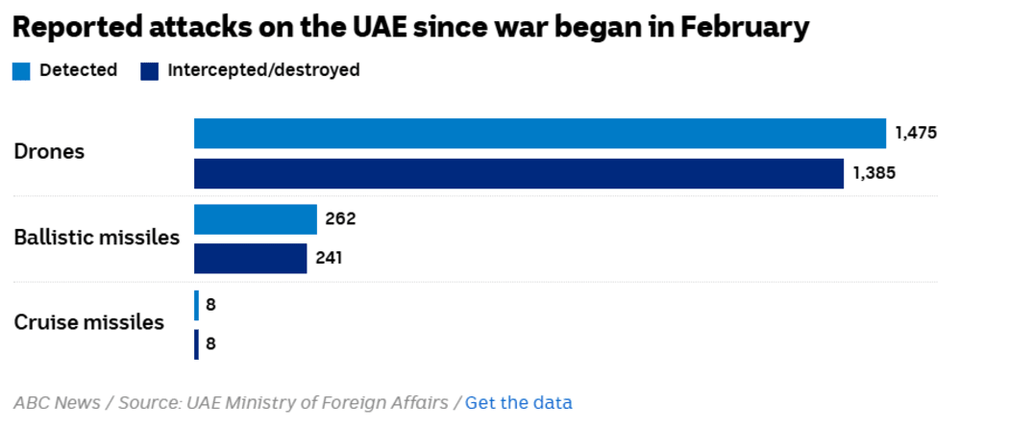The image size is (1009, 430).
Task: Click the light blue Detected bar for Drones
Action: pos(539,134)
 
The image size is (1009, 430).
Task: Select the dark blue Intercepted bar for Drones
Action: pos(519,174)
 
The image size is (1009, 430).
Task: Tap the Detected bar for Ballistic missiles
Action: pos(256,219)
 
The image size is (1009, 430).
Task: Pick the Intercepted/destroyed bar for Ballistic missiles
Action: pos(251,259)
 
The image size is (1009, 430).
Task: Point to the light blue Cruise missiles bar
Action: pos(197,305)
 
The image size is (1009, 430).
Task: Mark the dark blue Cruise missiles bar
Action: pos(197,344)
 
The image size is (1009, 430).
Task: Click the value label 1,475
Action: pos(915,133)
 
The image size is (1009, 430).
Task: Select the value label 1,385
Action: pos(874,174)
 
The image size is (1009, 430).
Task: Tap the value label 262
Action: pos(340,218)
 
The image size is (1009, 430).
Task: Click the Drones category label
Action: pos(49,152)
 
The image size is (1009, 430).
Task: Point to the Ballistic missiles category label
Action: pos(96,238)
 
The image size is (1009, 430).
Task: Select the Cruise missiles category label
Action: pos(88,322)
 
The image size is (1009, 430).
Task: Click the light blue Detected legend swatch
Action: pos(21,70)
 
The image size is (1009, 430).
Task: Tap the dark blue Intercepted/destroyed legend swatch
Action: pos(149,70)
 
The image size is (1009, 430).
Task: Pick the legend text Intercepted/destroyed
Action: pos(263,70)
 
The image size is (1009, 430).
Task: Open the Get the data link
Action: pos(518,402)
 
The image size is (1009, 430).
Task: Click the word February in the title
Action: pos(745,27)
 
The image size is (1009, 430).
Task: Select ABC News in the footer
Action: pos(56,402)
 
